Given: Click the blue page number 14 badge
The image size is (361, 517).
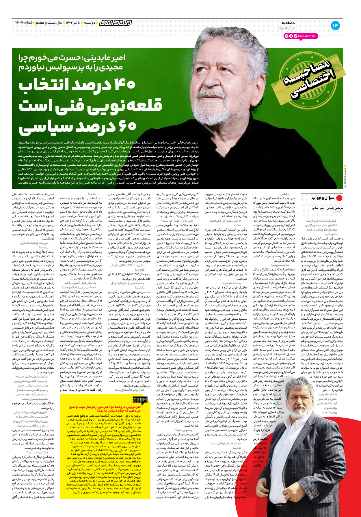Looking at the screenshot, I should [335, 26].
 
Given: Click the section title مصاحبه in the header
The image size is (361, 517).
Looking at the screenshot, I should [288, 23].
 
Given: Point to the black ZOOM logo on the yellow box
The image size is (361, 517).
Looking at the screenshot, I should [140, 400].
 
